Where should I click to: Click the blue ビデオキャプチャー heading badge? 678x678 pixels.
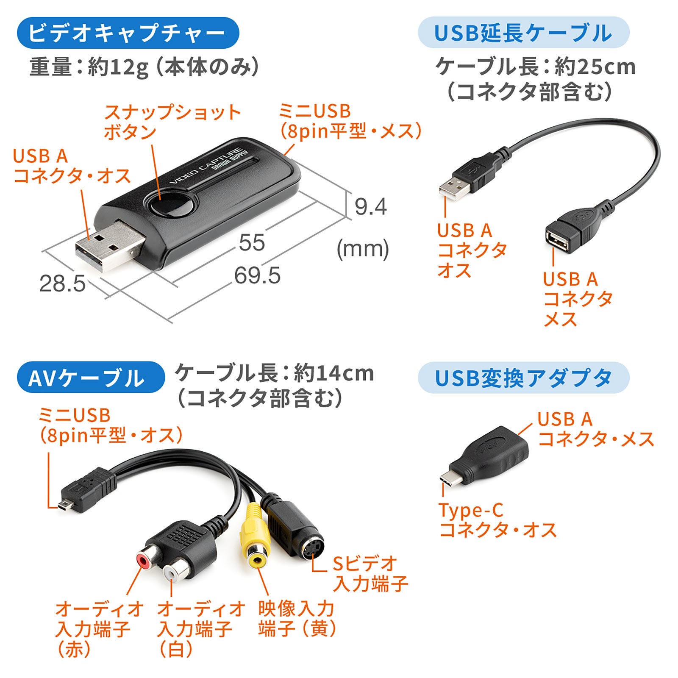click(x=128, y=33)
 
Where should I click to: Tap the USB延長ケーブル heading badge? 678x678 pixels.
click(x=523, y=33)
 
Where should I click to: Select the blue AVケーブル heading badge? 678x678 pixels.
click(x=90, y=378)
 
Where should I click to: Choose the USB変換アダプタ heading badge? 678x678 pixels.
click(x=523, y=378)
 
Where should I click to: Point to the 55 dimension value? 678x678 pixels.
click(x=252, y=242)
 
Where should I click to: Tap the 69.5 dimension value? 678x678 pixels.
click(x=257, y=275)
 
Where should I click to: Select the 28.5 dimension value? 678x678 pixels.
click(x=62, y=283)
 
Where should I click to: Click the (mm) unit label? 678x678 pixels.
click(x=363, y=249)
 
